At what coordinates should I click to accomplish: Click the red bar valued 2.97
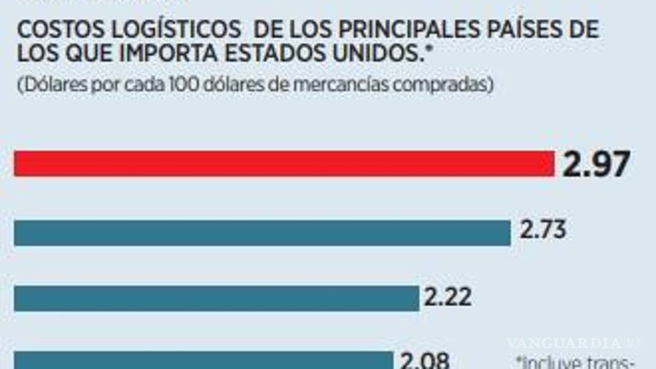[284, 163]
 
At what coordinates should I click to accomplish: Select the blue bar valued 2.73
[262, 233]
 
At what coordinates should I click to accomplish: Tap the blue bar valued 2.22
[216, 298]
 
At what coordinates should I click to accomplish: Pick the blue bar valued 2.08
[203, 360]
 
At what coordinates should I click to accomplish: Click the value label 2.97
[596, 165]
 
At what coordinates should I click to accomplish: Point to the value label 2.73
[543, 231]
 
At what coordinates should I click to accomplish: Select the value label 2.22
[448, 297]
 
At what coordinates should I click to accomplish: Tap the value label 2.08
[425, 360]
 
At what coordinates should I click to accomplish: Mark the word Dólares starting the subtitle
[47, 85]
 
